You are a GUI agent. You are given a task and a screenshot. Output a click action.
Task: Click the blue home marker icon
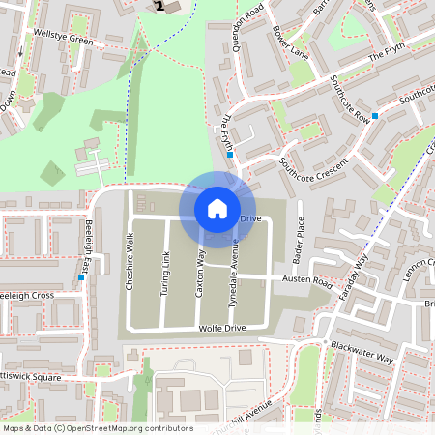(x=217, y=208)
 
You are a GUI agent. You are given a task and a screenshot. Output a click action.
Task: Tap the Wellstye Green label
(x=63, y=41)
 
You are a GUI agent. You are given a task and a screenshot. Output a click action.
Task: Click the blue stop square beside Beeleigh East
(x=81, y=278)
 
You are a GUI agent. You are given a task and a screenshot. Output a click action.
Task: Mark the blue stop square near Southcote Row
(x=375, y=116)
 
